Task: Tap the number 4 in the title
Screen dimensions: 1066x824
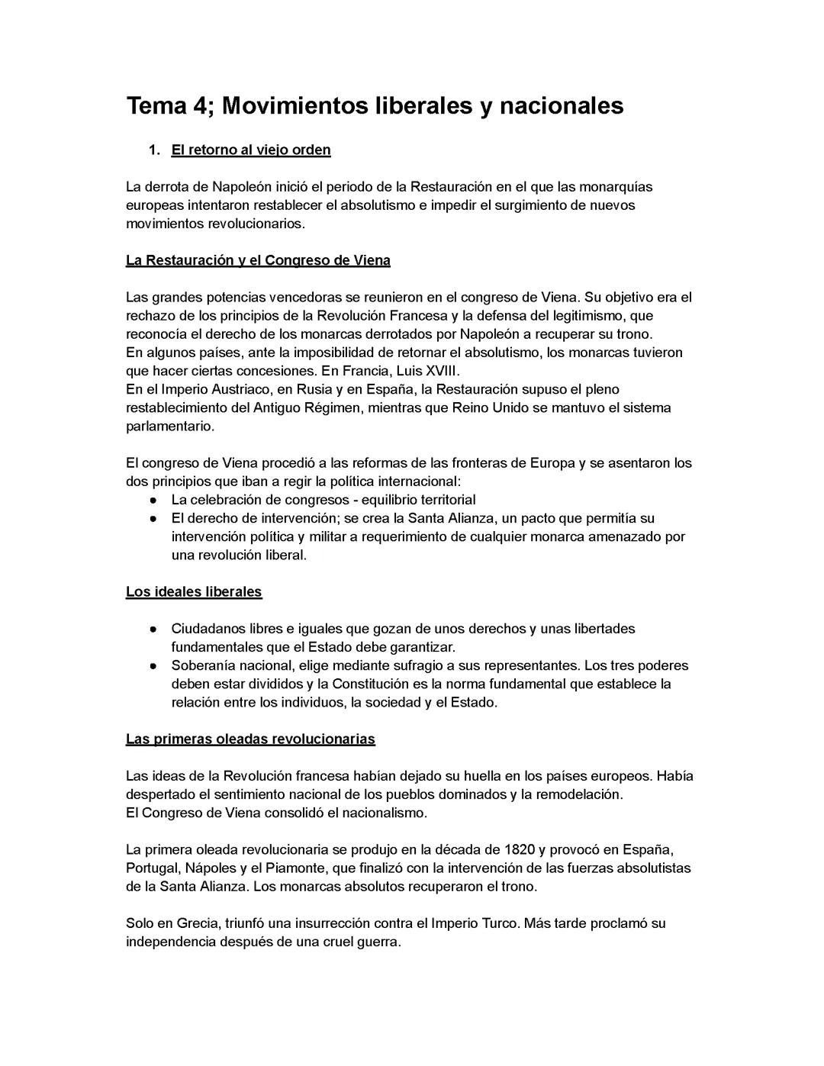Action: tap(200, 105)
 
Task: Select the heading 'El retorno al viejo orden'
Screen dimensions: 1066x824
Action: tap(250, 150)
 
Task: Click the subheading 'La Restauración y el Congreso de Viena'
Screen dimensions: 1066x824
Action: tap(258, 260)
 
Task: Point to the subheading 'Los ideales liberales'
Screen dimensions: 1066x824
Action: tap(194, 591)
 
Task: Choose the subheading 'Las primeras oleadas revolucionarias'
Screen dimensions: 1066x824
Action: tap(250, 739)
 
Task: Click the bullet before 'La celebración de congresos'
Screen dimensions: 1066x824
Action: tap(153, 501)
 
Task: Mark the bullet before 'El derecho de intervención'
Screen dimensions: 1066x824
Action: tap(153, 519)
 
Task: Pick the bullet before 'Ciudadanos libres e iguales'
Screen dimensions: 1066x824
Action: tap(153, 630)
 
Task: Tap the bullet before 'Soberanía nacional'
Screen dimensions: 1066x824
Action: tap(153, 666)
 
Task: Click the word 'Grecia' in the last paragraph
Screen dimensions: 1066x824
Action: tap(197, 923)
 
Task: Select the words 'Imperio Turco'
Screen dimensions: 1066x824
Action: tap(475, 923)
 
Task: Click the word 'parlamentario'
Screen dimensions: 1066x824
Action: tap(170, 426)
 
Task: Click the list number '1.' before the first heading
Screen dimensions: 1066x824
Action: tap(154, 150)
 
